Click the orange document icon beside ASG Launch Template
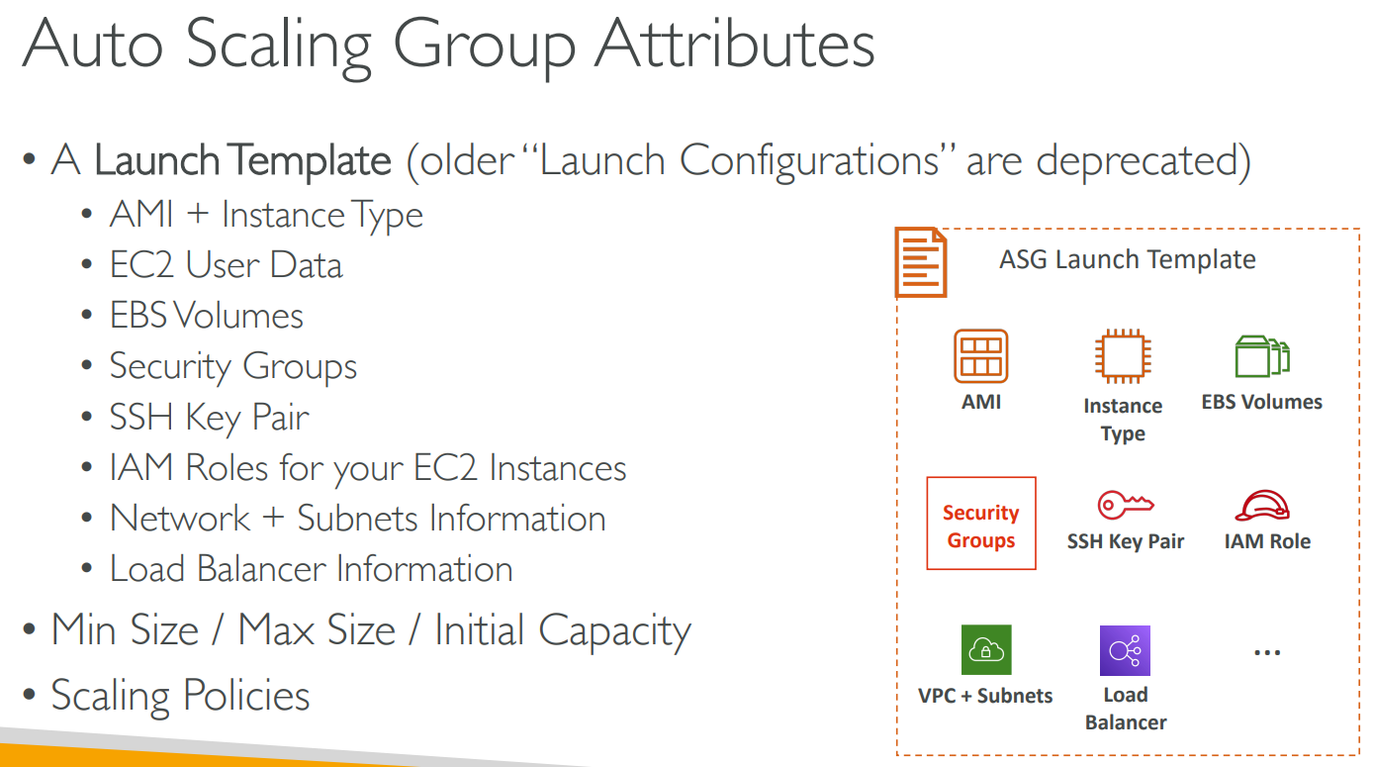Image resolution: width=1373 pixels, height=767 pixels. click(921, 262)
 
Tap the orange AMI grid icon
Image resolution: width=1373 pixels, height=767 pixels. click(980, 356)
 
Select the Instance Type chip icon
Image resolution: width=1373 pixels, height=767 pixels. click(1123, 356)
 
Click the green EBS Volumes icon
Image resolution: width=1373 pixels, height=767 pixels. click(1262, 356)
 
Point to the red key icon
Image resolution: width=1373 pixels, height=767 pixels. click(1126, 505)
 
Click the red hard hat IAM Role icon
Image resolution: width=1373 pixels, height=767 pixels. click(1262, 506)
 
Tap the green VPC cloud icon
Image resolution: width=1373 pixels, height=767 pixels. click(986, 650)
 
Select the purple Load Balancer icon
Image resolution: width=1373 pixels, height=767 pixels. click(1125, 650)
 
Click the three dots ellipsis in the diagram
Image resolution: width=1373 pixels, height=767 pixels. click(1267, 653)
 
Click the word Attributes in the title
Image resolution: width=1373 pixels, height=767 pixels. click(734, 45)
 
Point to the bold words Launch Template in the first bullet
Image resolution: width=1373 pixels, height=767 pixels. click(242, 160)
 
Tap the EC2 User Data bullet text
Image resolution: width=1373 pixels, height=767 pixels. click(226, 265)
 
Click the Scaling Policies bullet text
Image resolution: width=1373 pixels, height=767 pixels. click(180, 697)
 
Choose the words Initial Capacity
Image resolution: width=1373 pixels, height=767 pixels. click(563, 631)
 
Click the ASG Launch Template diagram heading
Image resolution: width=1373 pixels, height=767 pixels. click(1128, 260)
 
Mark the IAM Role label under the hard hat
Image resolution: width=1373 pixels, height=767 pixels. click(1267, 541)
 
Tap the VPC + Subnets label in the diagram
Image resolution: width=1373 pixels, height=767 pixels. click(985, 696)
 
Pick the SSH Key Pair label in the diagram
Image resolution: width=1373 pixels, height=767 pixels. click(1126, 542)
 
